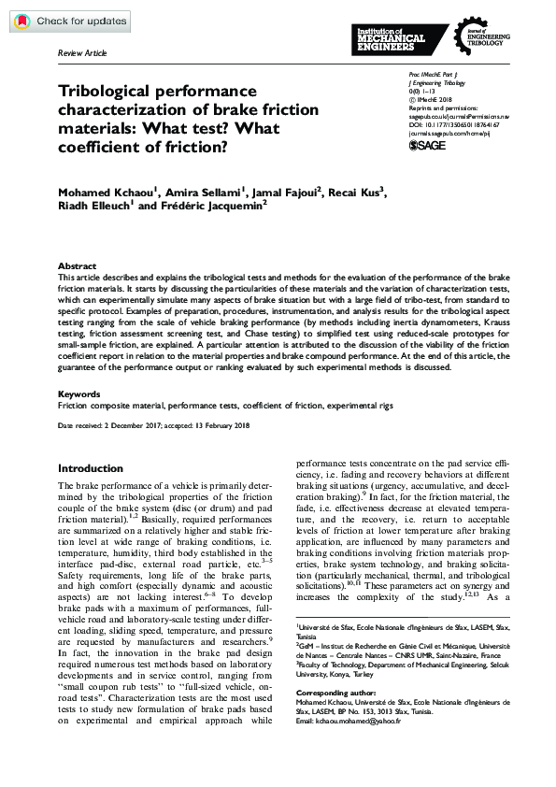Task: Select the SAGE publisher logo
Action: [x=428, y=146]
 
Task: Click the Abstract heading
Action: [x=77, y=266]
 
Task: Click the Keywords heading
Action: [x=79, y=393]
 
